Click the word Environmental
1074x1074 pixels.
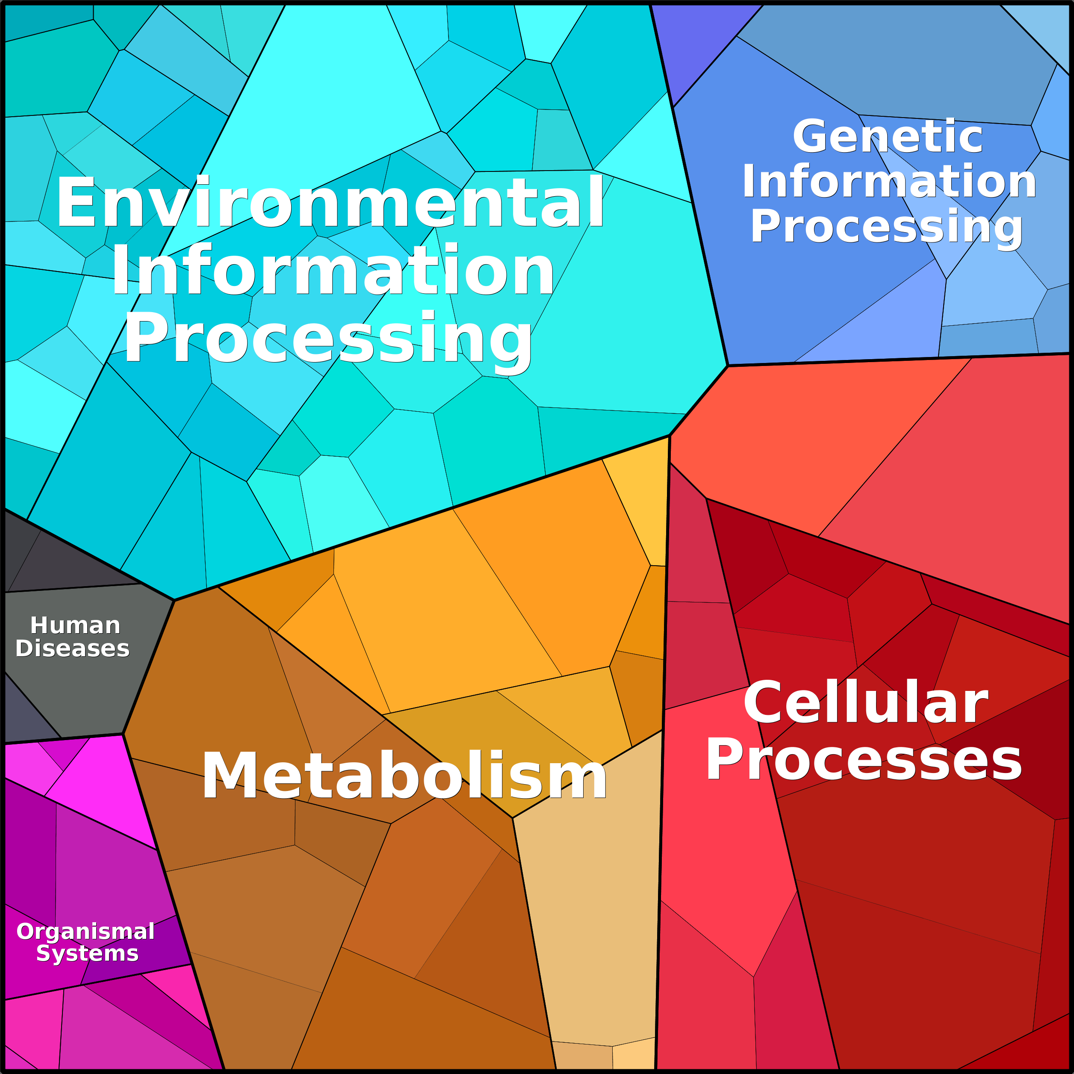point(330,202)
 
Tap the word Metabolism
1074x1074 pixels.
point(404,776)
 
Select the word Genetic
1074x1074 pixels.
point(888,136)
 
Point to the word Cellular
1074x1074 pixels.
point(865,702)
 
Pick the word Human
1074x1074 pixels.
point(75,626)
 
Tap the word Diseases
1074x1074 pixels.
point(72,648)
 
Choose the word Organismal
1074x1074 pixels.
point(86,931)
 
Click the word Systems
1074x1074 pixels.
point(87,953)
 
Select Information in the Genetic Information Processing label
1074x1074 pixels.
point(889,181)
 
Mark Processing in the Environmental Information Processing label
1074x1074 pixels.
point(328,339)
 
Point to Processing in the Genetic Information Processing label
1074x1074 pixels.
point(887,227)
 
